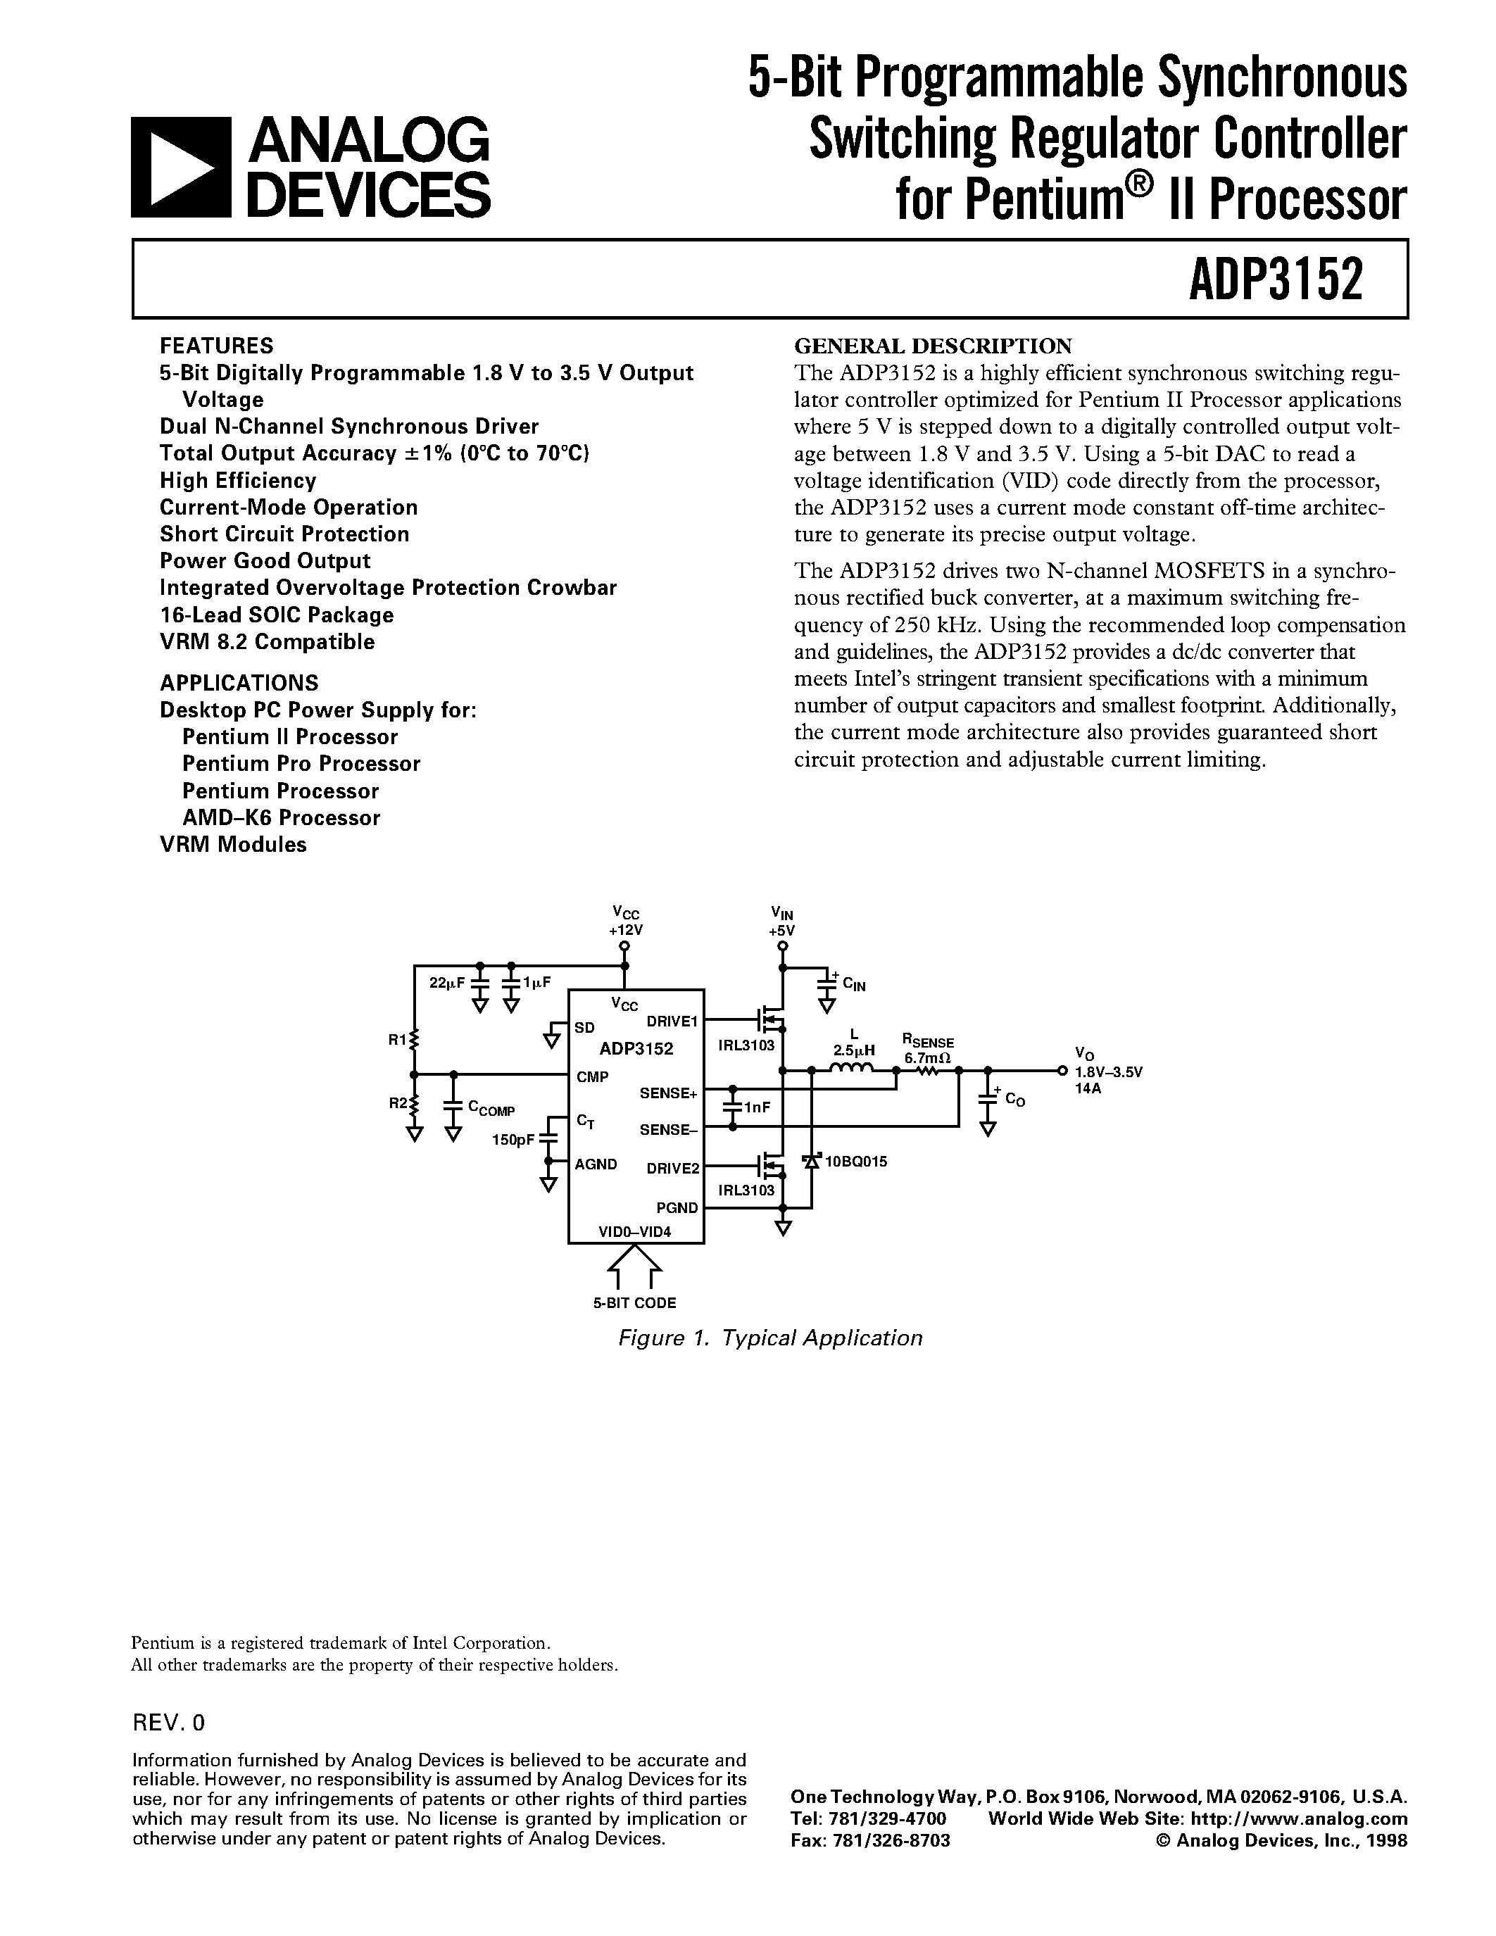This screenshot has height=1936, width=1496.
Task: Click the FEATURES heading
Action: pyautogui.click(x=216, y=345)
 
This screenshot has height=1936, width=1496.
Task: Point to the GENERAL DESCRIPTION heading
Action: pyautogui.click(x=932, y=345)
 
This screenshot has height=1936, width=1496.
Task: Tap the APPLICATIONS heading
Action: pyautogui.click(x=239, y=683)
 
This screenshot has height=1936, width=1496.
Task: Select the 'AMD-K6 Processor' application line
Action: pyautogui.click(x=281, y=817)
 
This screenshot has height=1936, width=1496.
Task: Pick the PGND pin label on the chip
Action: pyautogui.click(x=677, y=1207)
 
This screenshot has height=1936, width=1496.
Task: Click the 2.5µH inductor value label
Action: pyautogui.click(x=853, y=1050)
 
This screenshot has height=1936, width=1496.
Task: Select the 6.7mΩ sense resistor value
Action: pyautogui.click(x=927, y=1057)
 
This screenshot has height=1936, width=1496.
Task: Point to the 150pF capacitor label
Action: pyautogui.click(x=513, y=1139)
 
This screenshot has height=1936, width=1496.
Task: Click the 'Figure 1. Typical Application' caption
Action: pyautogui.click(x=769, y=1338)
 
